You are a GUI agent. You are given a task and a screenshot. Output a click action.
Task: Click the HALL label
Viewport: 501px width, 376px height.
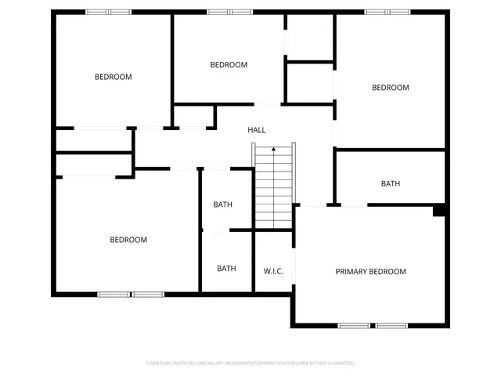pos(256,130)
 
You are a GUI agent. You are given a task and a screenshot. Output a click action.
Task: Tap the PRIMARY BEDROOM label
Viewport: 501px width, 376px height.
pos(370,272)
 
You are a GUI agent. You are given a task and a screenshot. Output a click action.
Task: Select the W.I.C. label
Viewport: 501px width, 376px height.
pos(273,272)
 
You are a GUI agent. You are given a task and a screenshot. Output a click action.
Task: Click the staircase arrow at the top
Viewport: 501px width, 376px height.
pos(273,147)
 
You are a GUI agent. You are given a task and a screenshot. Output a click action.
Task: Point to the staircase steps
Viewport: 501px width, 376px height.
pos(273,188)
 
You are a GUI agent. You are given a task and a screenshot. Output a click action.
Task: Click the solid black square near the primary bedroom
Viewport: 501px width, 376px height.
pos(439,210)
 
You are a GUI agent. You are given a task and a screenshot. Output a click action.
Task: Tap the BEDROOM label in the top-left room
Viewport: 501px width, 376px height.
pos(113,77)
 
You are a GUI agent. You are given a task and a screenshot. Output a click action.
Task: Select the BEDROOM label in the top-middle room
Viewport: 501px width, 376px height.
pos(229,65)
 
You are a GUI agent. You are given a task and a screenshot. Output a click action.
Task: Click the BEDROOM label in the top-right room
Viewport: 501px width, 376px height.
pos(390,88)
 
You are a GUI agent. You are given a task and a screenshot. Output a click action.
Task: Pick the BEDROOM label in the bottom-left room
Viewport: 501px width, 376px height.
pos(128,240)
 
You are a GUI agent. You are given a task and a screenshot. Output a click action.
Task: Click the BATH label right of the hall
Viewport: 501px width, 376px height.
pos(391,184)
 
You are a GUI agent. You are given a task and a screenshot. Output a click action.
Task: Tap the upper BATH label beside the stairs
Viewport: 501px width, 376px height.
pos(223,205)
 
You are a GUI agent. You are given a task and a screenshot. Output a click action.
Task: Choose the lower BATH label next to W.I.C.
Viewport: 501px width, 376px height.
pos(226,269)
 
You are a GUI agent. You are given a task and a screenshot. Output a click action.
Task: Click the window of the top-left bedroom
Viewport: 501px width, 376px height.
pos(108,12)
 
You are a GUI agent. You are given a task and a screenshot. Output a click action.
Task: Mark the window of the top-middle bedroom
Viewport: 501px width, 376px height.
pos(229,12)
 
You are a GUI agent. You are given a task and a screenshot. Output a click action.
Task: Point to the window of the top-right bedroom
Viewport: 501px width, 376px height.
pos(387,12)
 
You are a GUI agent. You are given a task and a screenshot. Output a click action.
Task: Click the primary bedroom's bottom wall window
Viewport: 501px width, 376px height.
pos(373,324)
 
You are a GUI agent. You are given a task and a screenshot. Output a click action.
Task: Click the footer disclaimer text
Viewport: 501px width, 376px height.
pos(250,363)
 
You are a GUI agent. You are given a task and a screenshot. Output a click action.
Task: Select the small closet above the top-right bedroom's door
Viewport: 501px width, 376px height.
pos(310,37)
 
